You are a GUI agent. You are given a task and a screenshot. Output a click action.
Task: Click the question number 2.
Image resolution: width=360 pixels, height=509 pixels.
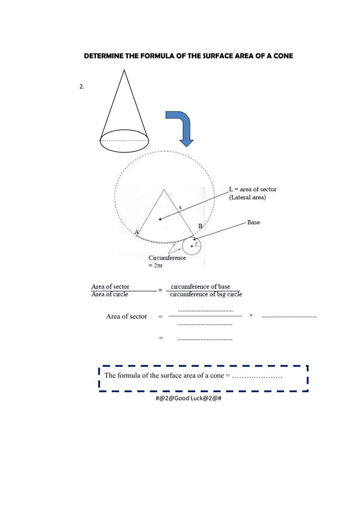pyautogui.click(x=82, y=87)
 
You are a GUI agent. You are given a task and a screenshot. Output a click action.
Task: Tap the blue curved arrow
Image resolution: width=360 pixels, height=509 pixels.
pyautogui.click(x=182, y=127)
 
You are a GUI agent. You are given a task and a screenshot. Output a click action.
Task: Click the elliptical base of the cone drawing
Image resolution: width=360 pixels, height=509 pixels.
pyautogui.click(x=124, y=141)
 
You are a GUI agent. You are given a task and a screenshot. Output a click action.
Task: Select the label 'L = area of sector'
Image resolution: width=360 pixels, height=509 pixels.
pyautogui.click(x=252, y=190)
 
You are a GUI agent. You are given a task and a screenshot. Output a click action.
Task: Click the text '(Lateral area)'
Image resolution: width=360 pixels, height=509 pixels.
pyautogui.click(x=247, y=198)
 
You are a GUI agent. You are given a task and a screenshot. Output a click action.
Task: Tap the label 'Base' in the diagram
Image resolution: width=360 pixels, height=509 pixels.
pyautogui.click(x=253, y=222)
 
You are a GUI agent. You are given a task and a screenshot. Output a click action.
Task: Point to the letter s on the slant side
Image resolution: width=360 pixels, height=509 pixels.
pyautogui.click(x=179, y=207)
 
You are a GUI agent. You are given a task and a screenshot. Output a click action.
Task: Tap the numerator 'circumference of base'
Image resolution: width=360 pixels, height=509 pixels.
pyautogui.click(x=200, y=287)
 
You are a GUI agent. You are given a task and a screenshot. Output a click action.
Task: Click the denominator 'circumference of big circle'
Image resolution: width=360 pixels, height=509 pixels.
pyautogui.click(x=206, y=294)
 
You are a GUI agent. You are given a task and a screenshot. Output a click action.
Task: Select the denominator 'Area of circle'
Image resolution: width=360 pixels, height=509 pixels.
pyautogui.click(x=109, y=294)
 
